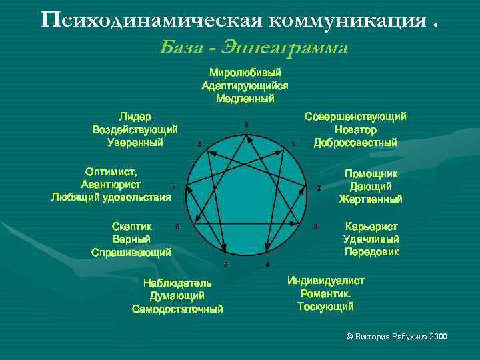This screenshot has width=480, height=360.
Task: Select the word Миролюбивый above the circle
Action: point(245,72)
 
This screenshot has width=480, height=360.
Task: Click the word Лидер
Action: point(135,116)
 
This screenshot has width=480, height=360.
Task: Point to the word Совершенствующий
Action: point(355,117)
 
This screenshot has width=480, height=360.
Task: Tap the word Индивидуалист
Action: point(326,281)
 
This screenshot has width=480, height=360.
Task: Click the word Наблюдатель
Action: point(177,283)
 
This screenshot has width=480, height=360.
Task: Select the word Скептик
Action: point(132,227)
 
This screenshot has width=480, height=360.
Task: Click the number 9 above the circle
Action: point(246,125)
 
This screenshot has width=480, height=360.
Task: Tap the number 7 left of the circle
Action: point(173,187)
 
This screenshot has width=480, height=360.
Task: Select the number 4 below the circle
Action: point(267,265)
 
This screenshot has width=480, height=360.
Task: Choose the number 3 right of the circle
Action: point(315,227)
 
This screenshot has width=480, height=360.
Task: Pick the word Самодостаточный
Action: point(177,309)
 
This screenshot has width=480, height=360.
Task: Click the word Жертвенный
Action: point(371,199)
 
